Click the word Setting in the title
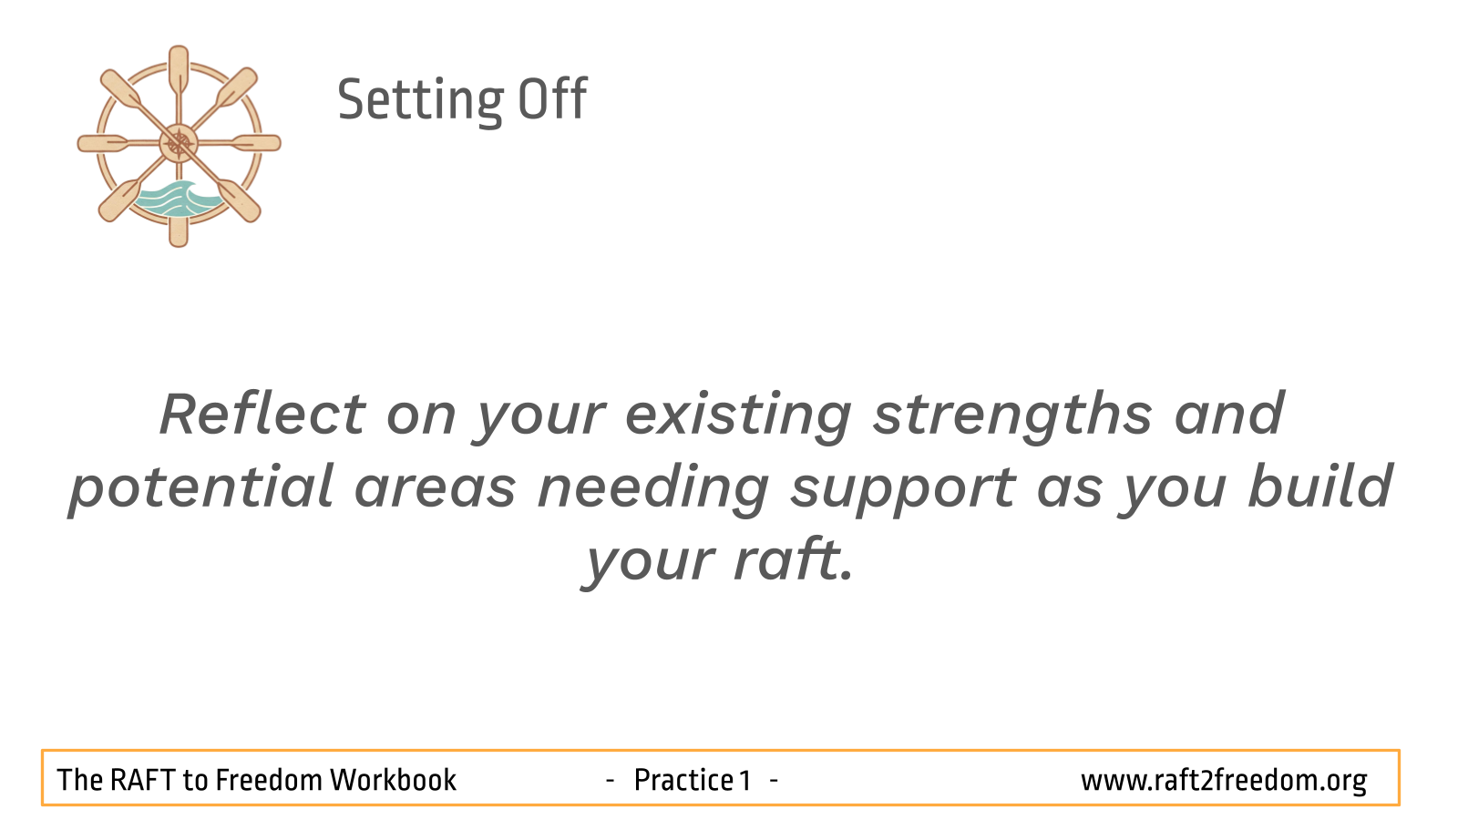[x=420, y=101]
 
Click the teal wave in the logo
[x=177, y=200]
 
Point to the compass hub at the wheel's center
[x=179, y=143]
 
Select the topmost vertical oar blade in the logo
[x=179, y=68]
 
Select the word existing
[x=738, y=416]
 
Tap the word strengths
[x=1012, y=416]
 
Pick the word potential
[x=201, y=489]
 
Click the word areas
[x=436, y=489]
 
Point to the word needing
[x=653, y=489]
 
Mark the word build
[x=1320, y=486]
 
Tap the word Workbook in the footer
[x=393, y=780]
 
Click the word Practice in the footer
[x=684, y=780]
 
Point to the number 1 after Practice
[x=745, y=780]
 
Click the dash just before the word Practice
[x=610, y=779]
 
